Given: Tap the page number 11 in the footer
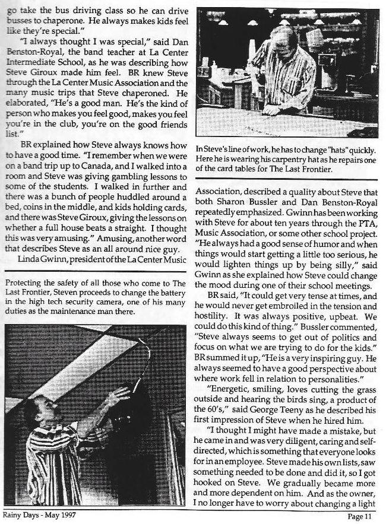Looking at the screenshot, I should coord(366,516).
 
